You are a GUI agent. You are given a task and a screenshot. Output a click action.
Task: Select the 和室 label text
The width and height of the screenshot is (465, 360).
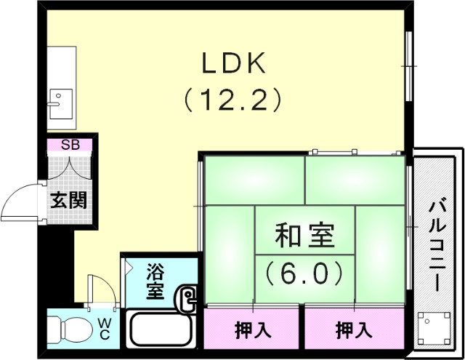[304, 236]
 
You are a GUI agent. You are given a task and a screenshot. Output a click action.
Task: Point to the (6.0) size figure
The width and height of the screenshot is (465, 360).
[304, 273]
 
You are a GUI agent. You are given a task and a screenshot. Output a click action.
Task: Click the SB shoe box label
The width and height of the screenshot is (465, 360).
[70, 144]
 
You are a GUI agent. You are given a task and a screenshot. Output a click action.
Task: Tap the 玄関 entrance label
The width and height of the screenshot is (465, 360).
[70, 199]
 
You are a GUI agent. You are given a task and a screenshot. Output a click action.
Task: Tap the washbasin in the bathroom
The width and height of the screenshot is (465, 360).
[188, 299]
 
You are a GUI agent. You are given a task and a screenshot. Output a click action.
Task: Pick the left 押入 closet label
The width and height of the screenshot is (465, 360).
[253, 330]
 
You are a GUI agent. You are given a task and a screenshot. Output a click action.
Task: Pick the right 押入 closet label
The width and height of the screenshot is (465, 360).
[354, 330]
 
